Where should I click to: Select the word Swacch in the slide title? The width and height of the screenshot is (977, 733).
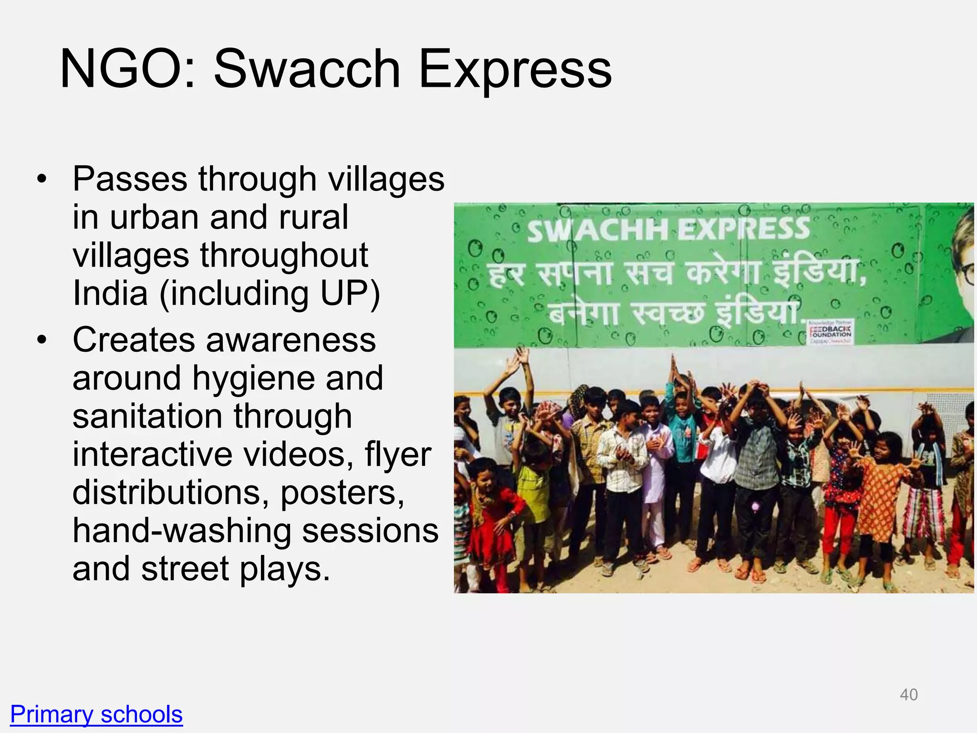306,69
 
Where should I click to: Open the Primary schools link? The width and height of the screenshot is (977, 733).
96,714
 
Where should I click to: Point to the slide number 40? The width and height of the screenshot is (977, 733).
908,694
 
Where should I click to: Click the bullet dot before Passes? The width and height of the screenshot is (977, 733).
42,179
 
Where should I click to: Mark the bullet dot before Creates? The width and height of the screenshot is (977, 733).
42,340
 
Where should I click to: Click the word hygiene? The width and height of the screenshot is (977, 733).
253,378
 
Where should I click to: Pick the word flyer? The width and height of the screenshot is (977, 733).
398,454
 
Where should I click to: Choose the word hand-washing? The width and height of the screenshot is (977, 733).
182,530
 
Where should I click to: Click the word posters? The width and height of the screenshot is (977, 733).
342,492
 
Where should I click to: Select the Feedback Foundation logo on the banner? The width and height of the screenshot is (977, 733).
831,332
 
